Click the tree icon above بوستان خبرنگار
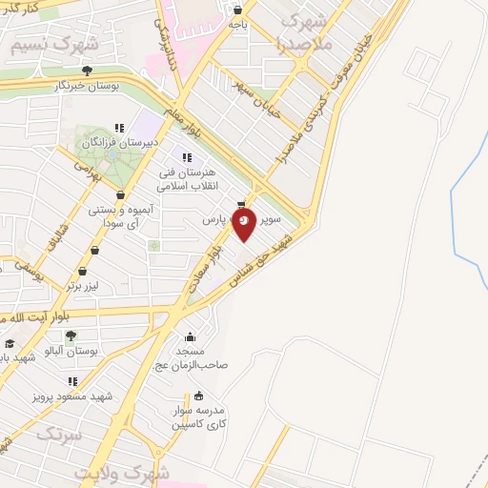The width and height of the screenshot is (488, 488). [x=87, y=70]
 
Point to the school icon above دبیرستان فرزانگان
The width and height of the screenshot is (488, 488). [x=119, y=128]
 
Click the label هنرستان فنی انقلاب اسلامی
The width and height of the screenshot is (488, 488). [x=187, y=179]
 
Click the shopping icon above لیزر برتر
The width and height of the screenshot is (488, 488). [x=94, y=252]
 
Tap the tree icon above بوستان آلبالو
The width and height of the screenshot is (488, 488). [x=71, y=335]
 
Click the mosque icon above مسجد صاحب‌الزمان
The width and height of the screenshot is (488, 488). [x=190, y=335]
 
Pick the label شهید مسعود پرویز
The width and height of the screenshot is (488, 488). [x=74, y=396]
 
